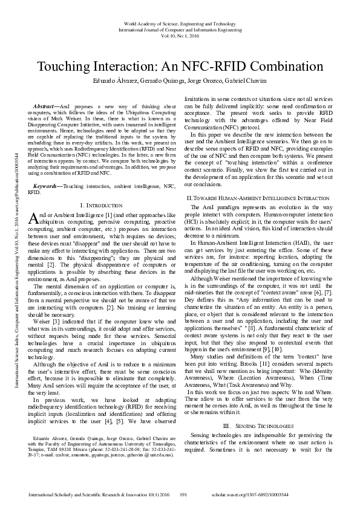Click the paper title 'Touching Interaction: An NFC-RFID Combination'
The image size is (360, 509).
[x=180, y=66]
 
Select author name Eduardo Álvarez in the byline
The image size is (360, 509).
[x=113, y=81]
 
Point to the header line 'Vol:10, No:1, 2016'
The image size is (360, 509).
[x=180, y=35]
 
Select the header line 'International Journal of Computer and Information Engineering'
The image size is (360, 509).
[x=180, y=28]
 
